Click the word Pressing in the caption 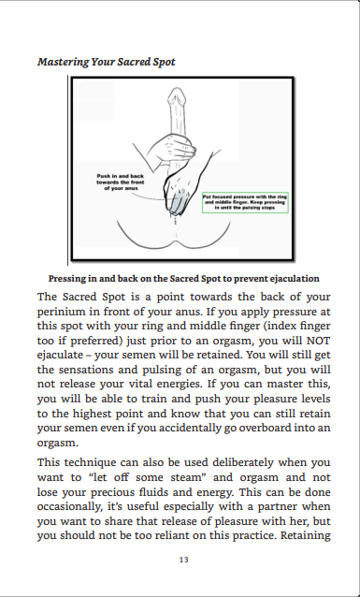pos(71,278)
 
